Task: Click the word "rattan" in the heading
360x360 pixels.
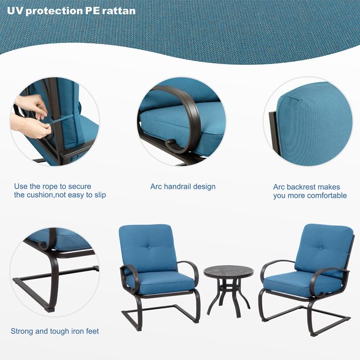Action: (x=119, y=11)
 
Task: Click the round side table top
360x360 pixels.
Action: (x=228, y=272)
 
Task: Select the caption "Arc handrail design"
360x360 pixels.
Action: (x=183, y=186)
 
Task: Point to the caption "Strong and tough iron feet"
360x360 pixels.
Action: (x=55, y=331)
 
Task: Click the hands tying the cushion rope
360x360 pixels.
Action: (x=32, y=118)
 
